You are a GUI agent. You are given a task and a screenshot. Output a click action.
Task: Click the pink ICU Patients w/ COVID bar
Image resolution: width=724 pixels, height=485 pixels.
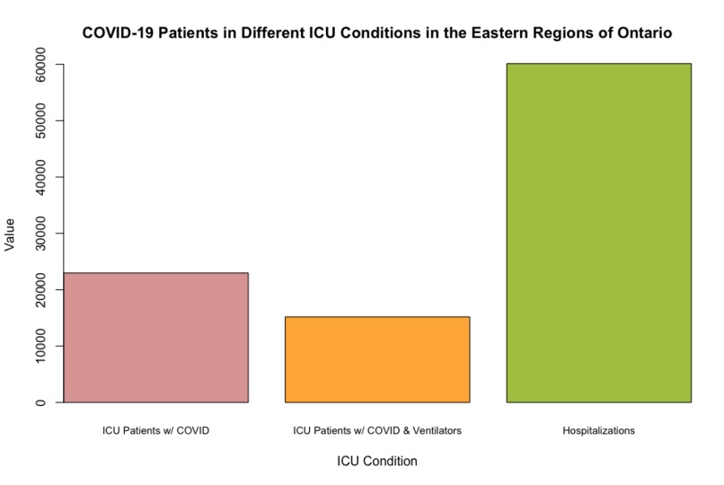(x=156, y=338)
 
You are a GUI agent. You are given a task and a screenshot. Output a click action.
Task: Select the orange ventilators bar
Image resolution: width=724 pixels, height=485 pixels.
(x=377, y=359)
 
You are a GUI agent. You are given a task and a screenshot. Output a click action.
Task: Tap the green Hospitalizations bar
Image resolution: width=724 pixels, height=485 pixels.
(x=598, y=233)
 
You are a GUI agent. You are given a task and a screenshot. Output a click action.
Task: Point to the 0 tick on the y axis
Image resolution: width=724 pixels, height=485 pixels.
(x=42, y=402)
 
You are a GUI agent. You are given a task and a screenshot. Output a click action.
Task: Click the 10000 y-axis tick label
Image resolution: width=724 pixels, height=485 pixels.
(x=42, y=346)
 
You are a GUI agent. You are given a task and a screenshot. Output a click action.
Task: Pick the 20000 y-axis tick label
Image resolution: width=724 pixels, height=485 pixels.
(x=42, y=289)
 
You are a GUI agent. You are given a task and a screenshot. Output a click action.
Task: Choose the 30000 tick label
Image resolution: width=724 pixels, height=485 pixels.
(x=42, y=234)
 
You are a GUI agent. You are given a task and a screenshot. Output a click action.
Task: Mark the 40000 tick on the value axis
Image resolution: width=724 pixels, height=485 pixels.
(x=42, y=177)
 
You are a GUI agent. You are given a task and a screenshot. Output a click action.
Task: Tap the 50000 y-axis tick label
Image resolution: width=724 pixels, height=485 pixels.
(x=42, y=120)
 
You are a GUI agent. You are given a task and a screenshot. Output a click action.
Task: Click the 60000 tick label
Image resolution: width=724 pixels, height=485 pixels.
(x=42, y=65)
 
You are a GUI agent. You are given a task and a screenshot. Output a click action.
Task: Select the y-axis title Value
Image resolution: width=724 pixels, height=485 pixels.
(x=11, y=234)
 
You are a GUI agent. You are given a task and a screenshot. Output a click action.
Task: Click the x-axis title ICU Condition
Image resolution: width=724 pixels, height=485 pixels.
(x=377, y=462)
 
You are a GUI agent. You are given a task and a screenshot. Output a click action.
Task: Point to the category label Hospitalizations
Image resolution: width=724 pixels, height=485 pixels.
(x=598, y=431)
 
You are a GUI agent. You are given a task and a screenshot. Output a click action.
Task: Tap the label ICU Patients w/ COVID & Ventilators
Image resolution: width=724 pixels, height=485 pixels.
(x=377, y=431)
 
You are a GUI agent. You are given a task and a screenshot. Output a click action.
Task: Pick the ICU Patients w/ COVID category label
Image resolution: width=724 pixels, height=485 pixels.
(x=156, y=431)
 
